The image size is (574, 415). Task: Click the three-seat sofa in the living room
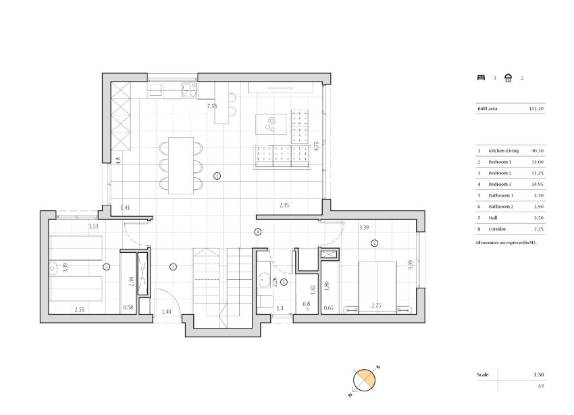[282, 157]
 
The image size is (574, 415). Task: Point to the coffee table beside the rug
[271, 124]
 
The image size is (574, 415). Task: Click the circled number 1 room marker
[217, 176]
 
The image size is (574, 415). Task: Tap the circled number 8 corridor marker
[257, 232]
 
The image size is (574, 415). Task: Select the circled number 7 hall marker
[174, 267]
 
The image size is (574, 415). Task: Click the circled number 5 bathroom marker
[284, 282]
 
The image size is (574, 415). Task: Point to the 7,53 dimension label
[211, 106]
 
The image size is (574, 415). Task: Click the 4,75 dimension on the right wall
[316, 147]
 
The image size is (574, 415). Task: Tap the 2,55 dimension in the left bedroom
[80, 309]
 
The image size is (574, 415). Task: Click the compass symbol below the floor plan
[364, 381]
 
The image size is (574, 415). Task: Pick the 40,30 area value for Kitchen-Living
[538, 151]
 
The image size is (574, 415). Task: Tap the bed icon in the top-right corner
[481, 78]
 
